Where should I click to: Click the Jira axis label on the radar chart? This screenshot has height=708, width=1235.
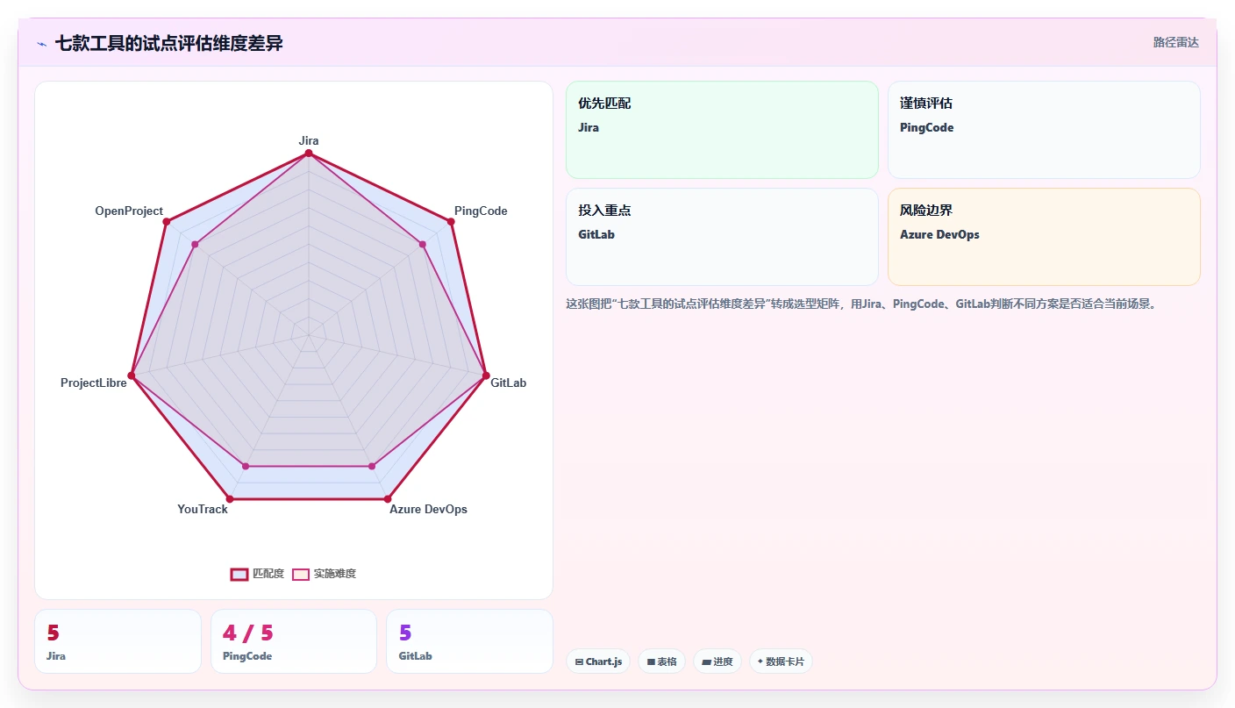pyautogui.click(x=308, y=140)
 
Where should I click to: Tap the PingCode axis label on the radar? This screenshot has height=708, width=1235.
pyautogui.click(x=480, y=211)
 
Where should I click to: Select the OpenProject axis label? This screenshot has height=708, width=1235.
pyautogui.click(x=128, y=211)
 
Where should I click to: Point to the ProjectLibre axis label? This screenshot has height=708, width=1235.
pyautogui.click(x=93, y=383)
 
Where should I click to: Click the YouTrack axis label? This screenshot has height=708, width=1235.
pyautogui.click(x=203, y=509)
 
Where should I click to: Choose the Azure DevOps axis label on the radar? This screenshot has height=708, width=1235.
pyautogui.click(x=428, y=509)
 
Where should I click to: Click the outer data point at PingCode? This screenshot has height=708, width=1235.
pyautogui.click(x=451, y=222)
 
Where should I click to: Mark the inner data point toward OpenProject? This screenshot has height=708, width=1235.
pyautogui.click(x=196, y=244)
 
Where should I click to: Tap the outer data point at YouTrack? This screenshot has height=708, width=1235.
pyautogui.click(x=230, y=499)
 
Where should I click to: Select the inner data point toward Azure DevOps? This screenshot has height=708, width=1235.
pyautogui.click(x=372, y=467)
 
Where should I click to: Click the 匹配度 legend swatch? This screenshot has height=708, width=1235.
pyautogui.click(x=239, y=574)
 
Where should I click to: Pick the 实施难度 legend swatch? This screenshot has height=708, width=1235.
pyautogui.click(x=301, y=574)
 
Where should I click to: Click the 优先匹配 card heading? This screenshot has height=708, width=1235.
pyautogui.click(x=604, y=104)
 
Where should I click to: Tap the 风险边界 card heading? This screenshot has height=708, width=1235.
pyautogui.click(x=926, y=210)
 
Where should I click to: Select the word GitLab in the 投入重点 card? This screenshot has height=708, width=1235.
pyautogui.click(x=596, y=234)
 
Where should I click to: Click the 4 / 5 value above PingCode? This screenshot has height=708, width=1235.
pyautogui.click(x=247, y=633)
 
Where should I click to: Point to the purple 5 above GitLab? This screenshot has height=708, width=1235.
pyautogui.click(x=405, y=633)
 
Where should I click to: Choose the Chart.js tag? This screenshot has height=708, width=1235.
pyautogui.click(x=598, y=662)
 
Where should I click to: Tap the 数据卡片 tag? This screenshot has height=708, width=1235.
pyautogui.click(x=781, y=662)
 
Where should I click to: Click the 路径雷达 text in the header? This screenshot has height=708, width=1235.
pyautogui.click(x=1176, y=42)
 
